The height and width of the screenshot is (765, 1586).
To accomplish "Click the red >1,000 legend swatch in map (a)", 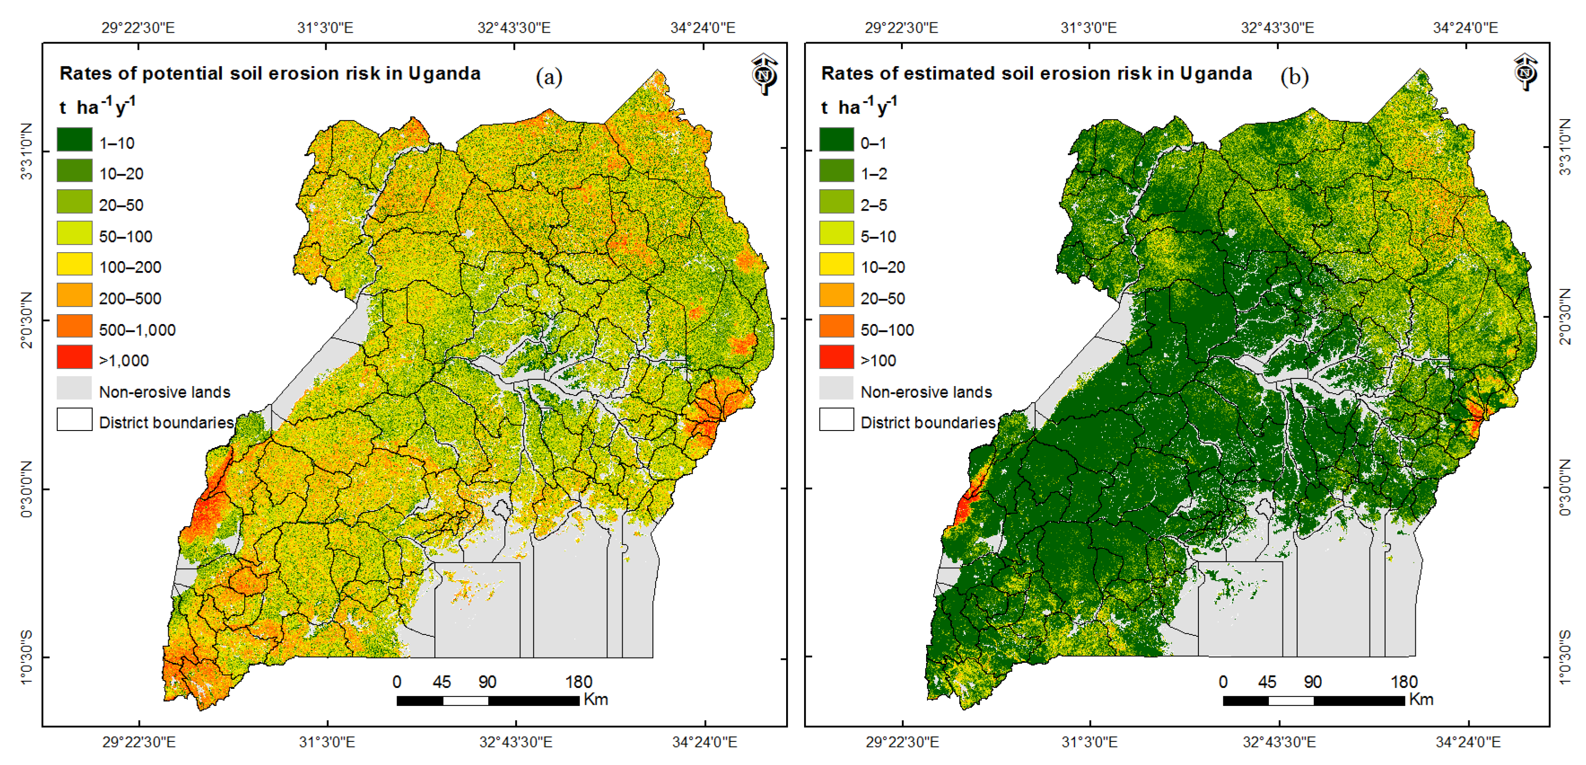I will tap(75, 357).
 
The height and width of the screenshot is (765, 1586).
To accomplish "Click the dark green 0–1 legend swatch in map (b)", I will tap(836, 139).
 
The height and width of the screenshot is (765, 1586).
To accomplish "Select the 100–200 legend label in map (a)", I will tap(130, 267).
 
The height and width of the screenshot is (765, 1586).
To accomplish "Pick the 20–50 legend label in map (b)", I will tap(882, 299).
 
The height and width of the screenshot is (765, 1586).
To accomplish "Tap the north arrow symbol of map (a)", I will tap(764, 74).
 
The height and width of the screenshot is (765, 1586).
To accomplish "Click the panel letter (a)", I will tap(548, 77).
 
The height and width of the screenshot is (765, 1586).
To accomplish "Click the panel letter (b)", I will tap(1294, 77).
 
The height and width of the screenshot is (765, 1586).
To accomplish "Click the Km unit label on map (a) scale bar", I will tap(595, 700).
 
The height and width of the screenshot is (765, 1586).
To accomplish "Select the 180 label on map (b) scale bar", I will tap(1404, 682).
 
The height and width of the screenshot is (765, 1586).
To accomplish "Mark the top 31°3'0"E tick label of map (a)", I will tap(325, 28).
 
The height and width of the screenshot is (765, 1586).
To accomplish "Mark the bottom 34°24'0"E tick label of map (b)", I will tap(1468, 742).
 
